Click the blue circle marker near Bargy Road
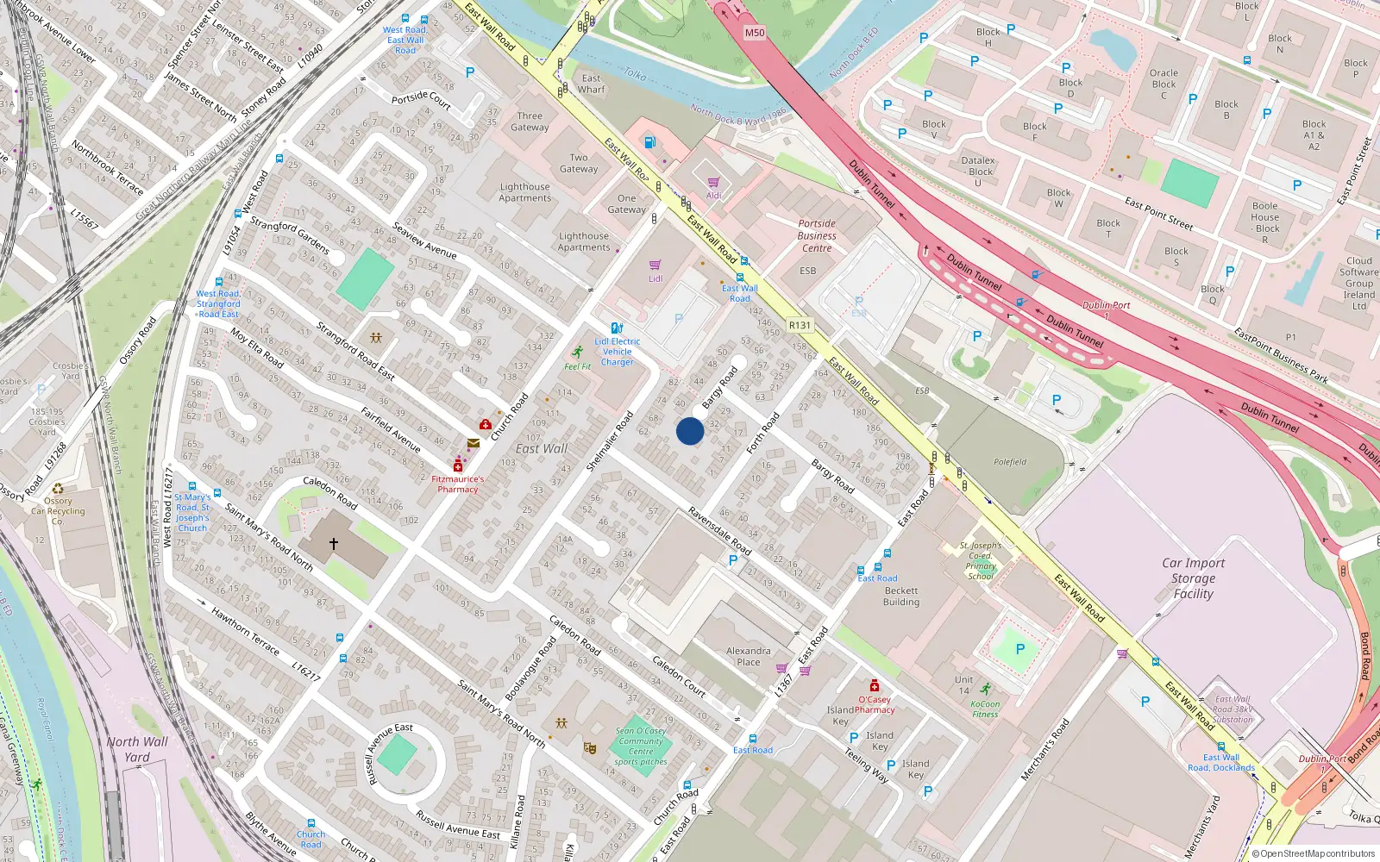point(690,431)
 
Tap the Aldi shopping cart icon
point(713,183)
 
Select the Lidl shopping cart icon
point(655,265)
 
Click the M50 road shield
point(755,33)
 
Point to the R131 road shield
point(800,325)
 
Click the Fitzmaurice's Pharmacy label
point(458,484)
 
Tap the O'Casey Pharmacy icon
point(875,686)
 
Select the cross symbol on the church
point(334,544)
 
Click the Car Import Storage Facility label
point(1193,578)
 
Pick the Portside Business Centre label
point(817,235)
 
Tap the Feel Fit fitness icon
point(577,353)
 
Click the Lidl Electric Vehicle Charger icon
point(617,328)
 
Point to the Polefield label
point(1010,462)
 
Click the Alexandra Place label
point(749,657)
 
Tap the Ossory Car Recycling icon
point(58,489)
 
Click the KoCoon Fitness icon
point(985,689)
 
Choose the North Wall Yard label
point(137,749)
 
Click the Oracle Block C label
point(1164,84)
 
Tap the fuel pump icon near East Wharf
point(649,141)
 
